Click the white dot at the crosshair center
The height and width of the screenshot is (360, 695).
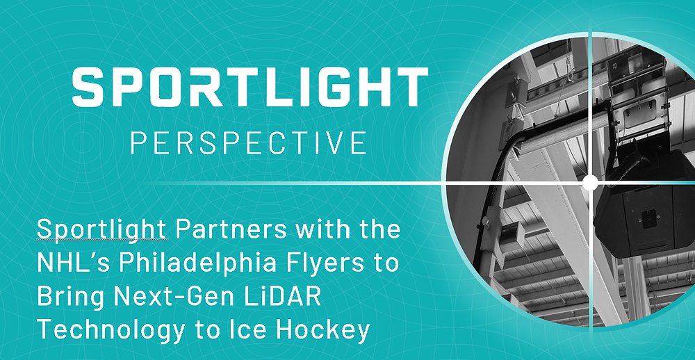point(590,183)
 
